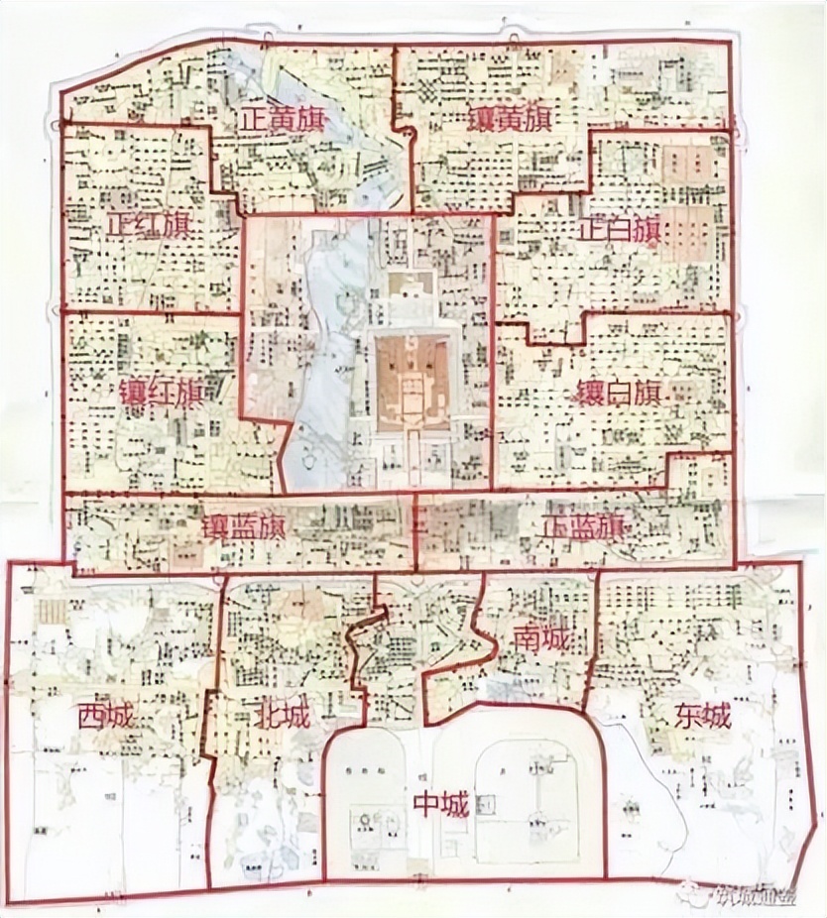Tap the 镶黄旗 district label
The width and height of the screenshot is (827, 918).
click(510, 121)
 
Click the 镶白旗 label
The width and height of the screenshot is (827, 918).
click(617, 393)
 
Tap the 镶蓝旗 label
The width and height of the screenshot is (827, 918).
click(243, 527)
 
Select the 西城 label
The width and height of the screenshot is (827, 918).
click(106, 715)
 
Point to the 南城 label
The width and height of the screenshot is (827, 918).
click(541, 640)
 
